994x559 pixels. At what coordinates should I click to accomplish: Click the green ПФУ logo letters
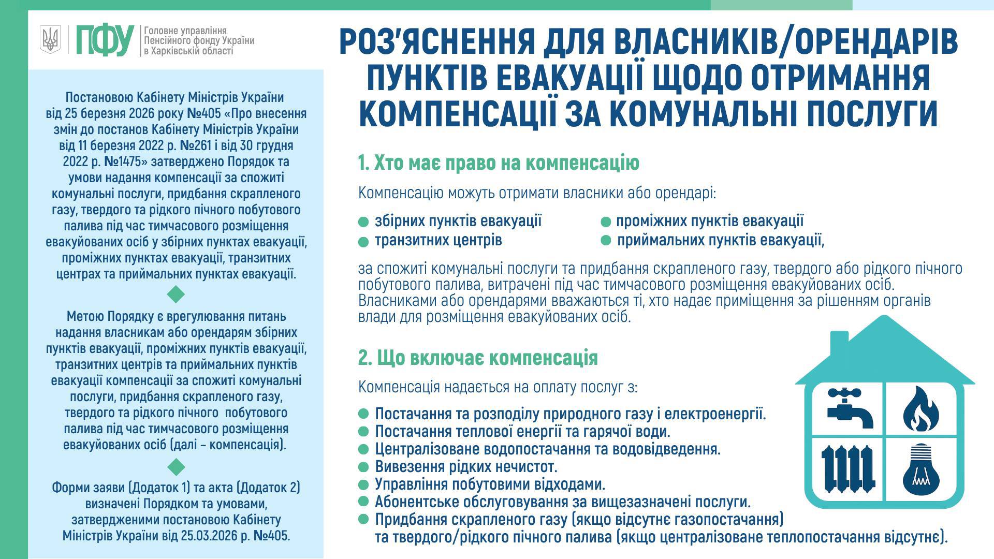pyautogui.click(x=105, y=40)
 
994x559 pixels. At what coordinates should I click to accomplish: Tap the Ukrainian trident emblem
pyautogui.click(x=50, y=39)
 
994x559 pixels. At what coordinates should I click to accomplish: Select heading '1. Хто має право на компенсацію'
pyautogui.click(x=499, y=163)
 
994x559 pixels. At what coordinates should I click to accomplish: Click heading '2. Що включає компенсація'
pyautogui.click(x=478, y=358)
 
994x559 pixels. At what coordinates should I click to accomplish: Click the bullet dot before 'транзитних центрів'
pyautogui.click(x=363, y=242)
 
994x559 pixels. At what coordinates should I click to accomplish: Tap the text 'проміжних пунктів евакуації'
pyautogui.click(x=710, y=221)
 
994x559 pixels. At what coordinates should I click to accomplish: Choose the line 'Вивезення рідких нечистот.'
pyautogui.click(x=466, y=467)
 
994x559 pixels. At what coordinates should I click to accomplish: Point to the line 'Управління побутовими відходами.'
pyautogui.click(x=490, y=484)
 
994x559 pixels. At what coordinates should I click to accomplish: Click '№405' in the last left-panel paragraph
pyautogui.click(x=273, y=535)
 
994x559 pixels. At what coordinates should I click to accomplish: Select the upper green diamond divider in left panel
pyautogui.click(x=176, y=295)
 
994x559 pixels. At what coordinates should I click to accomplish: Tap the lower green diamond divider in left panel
pyautogui.click(x=176, y=466)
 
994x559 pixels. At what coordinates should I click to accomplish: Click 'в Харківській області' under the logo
pyautogui.click(x=188, y=51)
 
